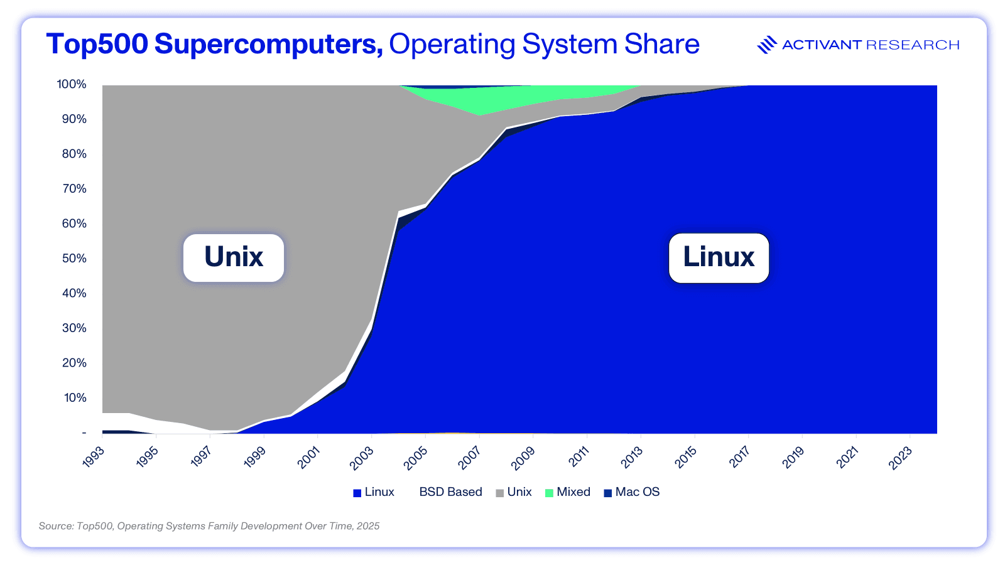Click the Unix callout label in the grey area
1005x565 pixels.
234,257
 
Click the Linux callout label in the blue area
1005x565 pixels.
719,257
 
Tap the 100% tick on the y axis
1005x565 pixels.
72,84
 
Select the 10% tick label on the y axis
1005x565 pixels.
74,397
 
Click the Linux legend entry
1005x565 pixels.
374,492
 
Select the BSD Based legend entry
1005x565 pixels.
450,492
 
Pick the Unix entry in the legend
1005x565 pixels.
514,492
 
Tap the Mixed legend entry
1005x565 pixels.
568,492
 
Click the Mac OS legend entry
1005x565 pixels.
632,492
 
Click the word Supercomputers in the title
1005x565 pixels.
268,44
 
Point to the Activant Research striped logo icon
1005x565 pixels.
767,45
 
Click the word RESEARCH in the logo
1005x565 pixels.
913,45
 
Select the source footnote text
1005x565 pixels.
209,526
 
